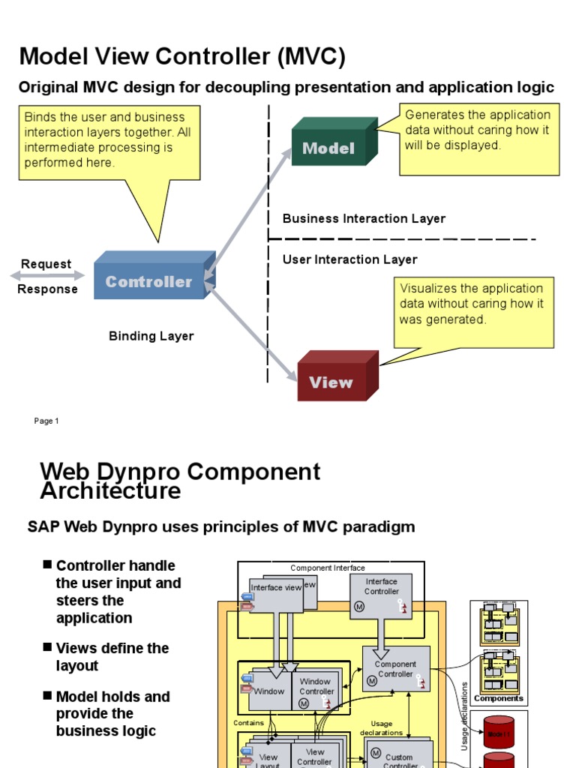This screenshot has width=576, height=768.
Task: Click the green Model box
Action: pyautogui.click(x=329, y=147)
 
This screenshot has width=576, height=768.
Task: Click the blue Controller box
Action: pyautogui.click(x=149, y=281)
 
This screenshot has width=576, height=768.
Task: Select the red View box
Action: pyautogui.click(x=331, y=381)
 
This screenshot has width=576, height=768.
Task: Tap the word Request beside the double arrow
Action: pyautogui.click(x=46, y=264)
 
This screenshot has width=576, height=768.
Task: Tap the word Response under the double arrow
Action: pyautogui.click(x=48, y=289)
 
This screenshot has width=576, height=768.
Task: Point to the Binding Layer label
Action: pyautogui.click(x=151, y=336)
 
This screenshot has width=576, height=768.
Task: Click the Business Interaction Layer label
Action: pyautogui.click(x=364, y=218)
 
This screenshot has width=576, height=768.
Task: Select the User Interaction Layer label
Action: pyautogui.click(x=349, y=259)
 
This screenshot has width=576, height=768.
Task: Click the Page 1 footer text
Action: pyautogui.click(x=46, y=421)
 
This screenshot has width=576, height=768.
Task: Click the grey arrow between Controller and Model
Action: pyautogui.click(x=249, y=211)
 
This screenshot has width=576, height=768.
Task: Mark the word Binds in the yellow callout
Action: pyautogui.click(x=40, y=117)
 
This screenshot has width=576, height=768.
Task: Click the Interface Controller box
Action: pyautogui.click(x=381, y=595)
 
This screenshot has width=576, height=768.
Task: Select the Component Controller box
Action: pyautogui.click(x=395, y=669)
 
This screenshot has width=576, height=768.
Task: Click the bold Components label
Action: pyautogui.click(x=499, y=698)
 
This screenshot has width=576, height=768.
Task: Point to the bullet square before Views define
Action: pyautogui.click(x=48, y=647)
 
